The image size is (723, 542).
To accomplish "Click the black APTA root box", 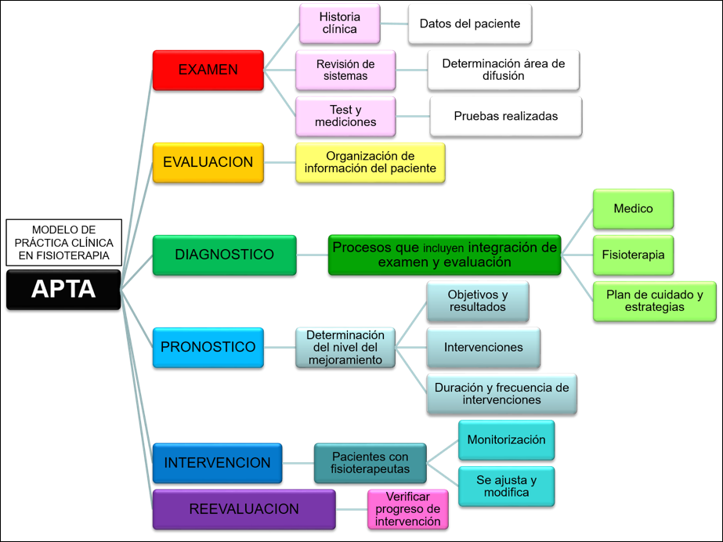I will pyautogui.click(x=63, y=289).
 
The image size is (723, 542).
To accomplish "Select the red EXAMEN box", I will pyautogui.click(x=208, y=70).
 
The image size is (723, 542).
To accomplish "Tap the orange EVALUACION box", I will pyautogui.click(x=208, y=162).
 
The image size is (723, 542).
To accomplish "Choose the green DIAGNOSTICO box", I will pyautogui.click(x=224, y=255).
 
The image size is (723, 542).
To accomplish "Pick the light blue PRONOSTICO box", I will pyautogui.click(x=208, y=347).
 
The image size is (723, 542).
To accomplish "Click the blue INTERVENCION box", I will pyautogui.click(x=217, y=463).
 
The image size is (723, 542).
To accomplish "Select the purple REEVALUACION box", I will pyautogui.click(x=244, y=509).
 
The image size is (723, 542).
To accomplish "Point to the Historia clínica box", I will pyautogui.click(x=339, y=23).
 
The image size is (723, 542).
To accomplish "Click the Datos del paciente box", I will pyautogui.click(x=469, y=23).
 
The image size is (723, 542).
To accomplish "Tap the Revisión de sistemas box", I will pyautogui.click(x=345, y=70).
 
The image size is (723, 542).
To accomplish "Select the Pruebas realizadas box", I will pyautogui.click(x=505, y=116).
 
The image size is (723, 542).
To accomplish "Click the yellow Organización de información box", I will pyautogui.click(x=370, y=162).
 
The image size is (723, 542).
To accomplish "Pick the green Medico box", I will pyautogui.click(x=633, y=208).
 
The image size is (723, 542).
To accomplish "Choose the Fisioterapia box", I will pyautogui.click(x=633, y=255).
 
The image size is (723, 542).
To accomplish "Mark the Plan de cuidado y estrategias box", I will pyautogui.click(x=654, y=301).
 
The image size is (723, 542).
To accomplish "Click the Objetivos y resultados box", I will pyautogui.click(x=477, y=301).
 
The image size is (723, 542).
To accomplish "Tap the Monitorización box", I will pyautogui.click(x=506, y=439).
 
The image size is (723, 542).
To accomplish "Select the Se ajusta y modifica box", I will pyautogui.click(x=506, y=486).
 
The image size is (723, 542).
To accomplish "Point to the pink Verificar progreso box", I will pyautogui.click(x=407, y=509).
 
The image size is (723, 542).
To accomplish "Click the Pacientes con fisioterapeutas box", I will pyautogui.click(x=370, y=463).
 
